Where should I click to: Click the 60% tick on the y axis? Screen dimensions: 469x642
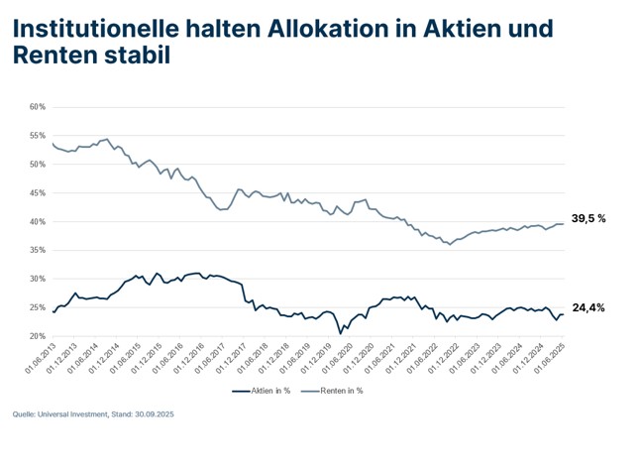pyautogui.click(x=37, y=107)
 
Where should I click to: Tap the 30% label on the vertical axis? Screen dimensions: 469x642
pyautogui.click(x=37, y=280)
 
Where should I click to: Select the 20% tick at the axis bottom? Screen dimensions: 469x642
pyautogui.click(x=37, y=337)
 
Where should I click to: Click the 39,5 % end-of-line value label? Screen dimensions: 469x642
pyautogui.click(x=588, y=218)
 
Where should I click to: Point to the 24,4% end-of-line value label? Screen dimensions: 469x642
pyautogui.click(x=587, y=308)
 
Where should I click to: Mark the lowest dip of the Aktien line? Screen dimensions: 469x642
pyautogui.click(x=340, y=333)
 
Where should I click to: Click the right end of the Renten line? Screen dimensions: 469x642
pyautogui.click(x=564, y=224)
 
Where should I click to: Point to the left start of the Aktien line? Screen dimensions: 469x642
pyautogui.click(x=53, y=310)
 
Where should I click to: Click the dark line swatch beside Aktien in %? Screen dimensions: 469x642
pyautogui.click(x=239, y=391)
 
